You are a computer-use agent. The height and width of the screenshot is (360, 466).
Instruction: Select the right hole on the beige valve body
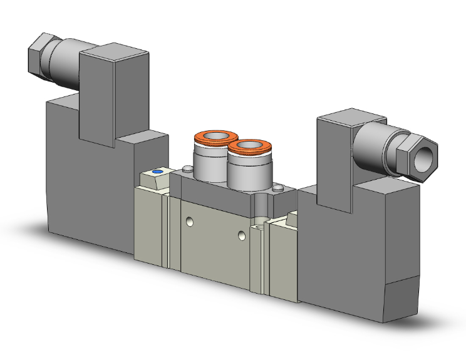tap(242, 235)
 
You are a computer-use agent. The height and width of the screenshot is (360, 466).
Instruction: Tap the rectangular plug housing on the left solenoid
tap(114, 94)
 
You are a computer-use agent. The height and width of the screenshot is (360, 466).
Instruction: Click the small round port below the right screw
tap(259, 222)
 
